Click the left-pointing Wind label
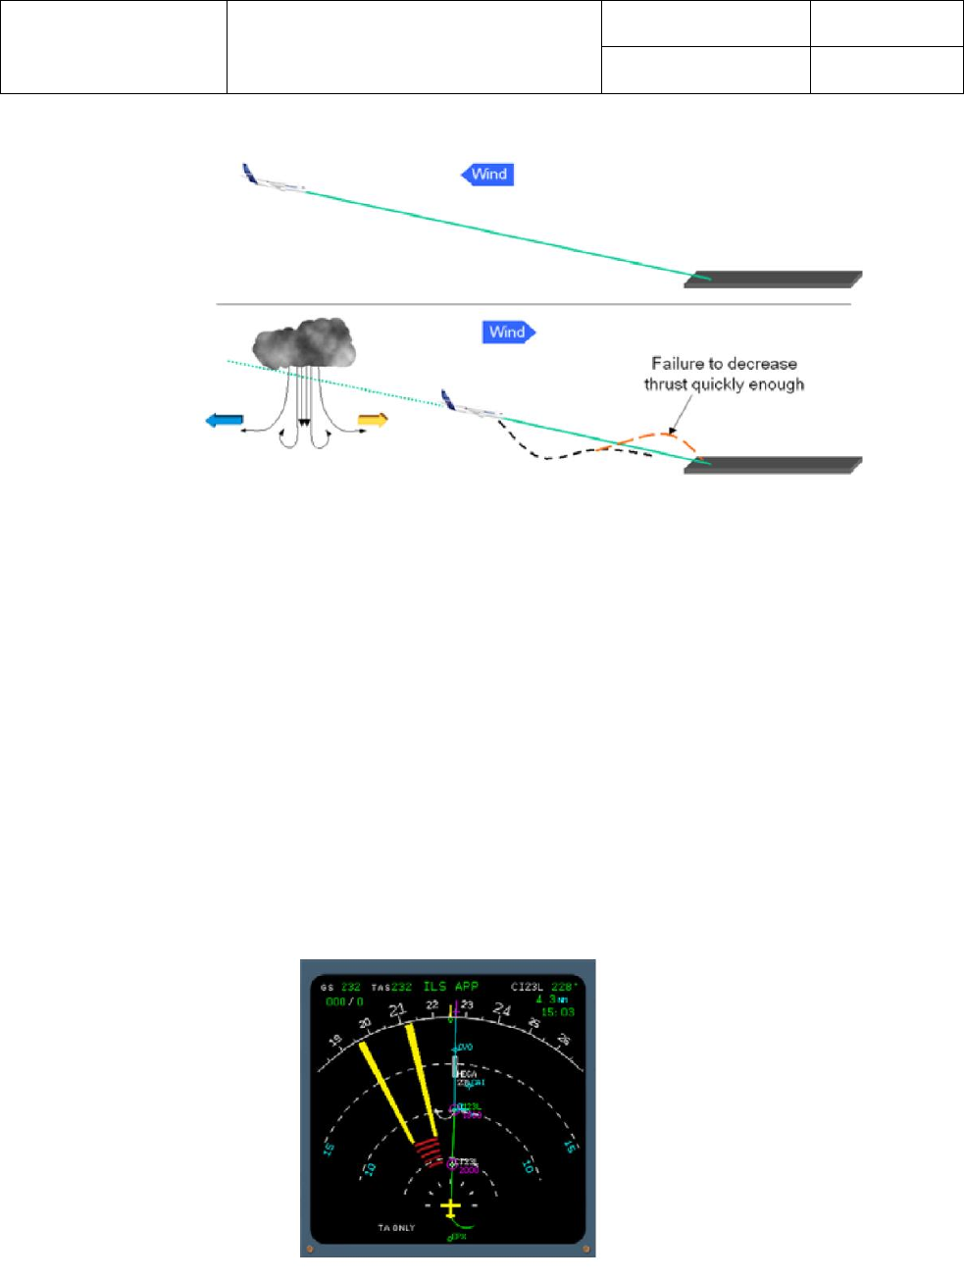tap(488, 175)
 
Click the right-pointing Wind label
tap(508, 333)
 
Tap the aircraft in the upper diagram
tap(272, 180)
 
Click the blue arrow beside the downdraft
tap(224, 421)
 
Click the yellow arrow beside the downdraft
tap(373, 421)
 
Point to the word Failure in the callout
tap(678, 364)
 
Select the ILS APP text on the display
tap(450, 986)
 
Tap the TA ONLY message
tap(396, 1228)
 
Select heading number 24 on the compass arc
tap(502, 1009)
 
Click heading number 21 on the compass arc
tap(397, 1011)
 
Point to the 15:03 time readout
tap(557, 1011)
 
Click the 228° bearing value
tap(562, 987)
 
